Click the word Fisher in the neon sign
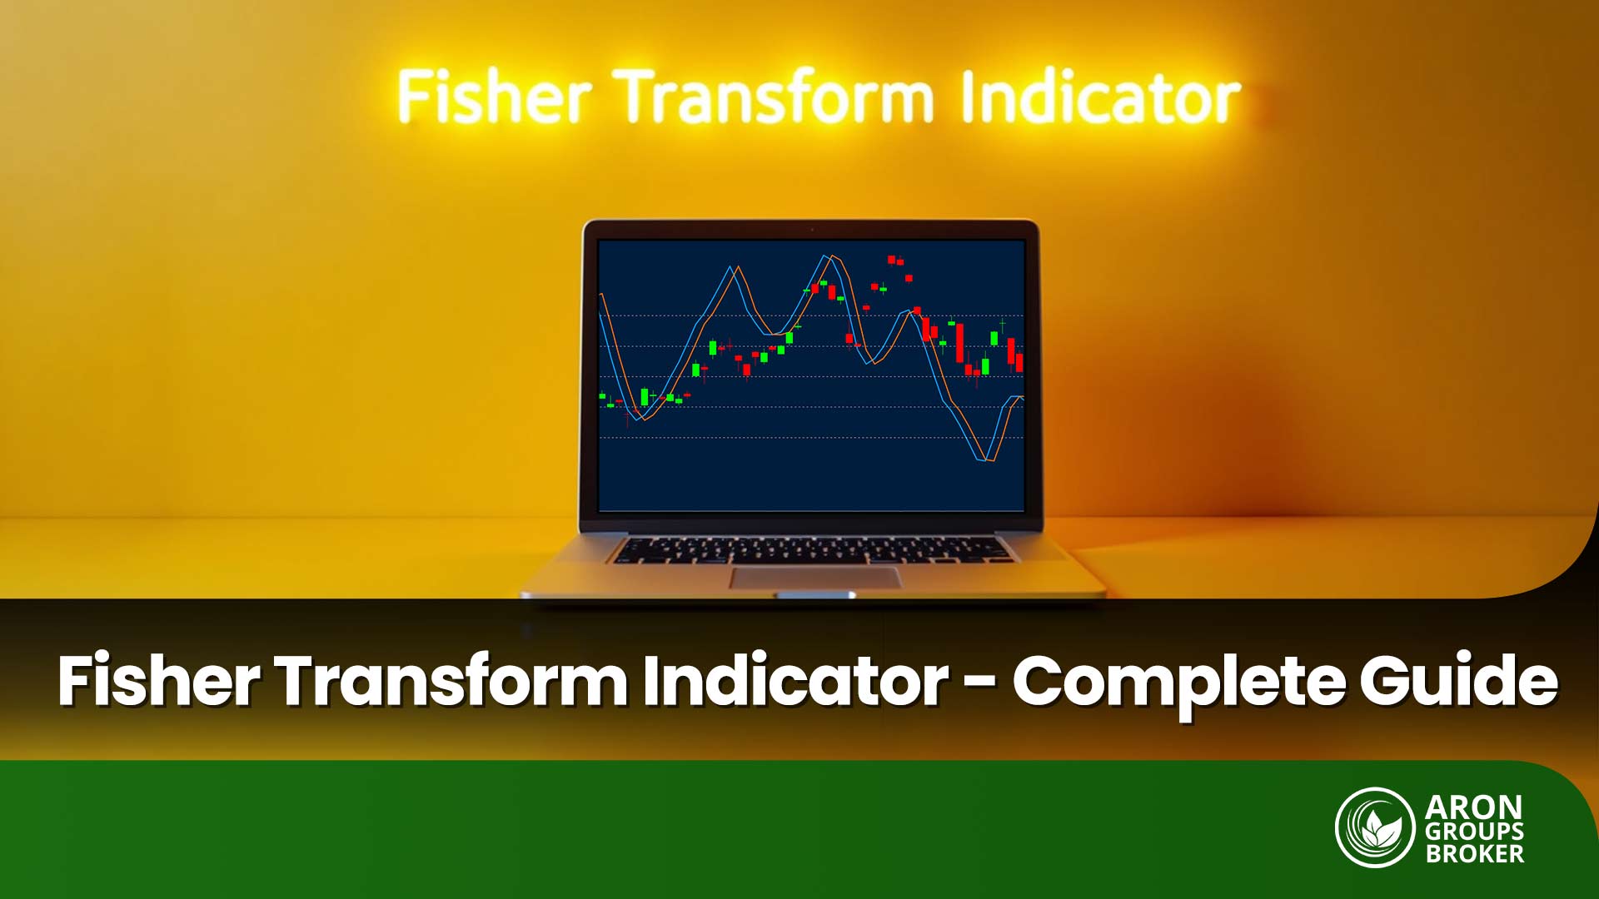coord(494,97)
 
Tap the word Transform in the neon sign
coord(775,97)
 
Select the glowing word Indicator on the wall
coord(1099,99)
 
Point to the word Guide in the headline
coord(1458,681)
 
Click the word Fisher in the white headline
coord(158,681)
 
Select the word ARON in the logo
coord(1473,807)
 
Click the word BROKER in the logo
coord(1474,854)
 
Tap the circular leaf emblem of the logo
coord(1375,827)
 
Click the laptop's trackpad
coord(815,578)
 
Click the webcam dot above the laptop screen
coord(811,229)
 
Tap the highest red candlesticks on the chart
coord(894,261)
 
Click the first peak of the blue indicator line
coord(731,268)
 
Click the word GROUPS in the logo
coord(1474,831)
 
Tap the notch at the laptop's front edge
coord(813,594)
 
